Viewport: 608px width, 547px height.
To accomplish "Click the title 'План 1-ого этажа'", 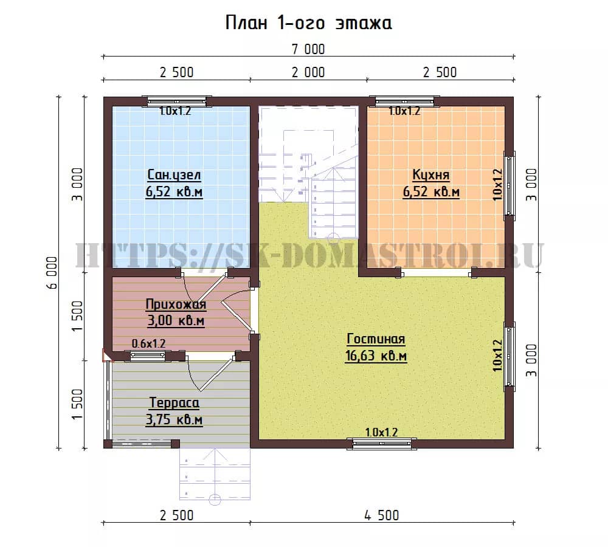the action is (x=308, y=23).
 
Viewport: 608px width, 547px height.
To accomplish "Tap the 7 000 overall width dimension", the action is (x=308, y=49).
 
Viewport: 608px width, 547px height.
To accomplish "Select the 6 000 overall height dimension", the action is (x=52, y=272).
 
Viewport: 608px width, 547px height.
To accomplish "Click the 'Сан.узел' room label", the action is (x=174, y=175).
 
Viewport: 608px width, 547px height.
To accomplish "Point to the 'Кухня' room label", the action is (x=431, y=175).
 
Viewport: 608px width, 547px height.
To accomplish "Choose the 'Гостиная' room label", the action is (x=376, y=339).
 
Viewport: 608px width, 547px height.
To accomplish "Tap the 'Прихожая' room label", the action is (x=176, y=304).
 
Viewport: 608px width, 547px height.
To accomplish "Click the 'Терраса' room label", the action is (x=174, y=403).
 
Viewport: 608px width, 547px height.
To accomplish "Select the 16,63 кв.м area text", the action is (x=376, y=356).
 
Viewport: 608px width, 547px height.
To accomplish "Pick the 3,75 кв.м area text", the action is (x=174, y=420).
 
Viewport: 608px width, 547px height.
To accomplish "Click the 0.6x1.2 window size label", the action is (x=148, y=343).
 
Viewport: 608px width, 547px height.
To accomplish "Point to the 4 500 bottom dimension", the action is (x=382, y=515).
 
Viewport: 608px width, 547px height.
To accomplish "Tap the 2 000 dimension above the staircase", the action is (x=308, y=72).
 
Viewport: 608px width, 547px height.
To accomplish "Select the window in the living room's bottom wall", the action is (x=382, y=444).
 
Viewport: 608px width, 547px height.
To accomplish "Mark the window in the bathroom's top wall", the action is (x=177, y=101).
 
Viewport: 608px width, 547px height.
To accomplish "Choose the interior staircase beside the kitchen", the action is (x=308, y=173).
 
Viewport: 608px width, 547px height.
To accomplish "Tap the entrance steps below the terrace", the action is (x=215, y=474).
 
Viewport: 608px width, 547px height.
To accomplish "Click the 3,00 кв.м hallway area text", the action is (x=176, y=321).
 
